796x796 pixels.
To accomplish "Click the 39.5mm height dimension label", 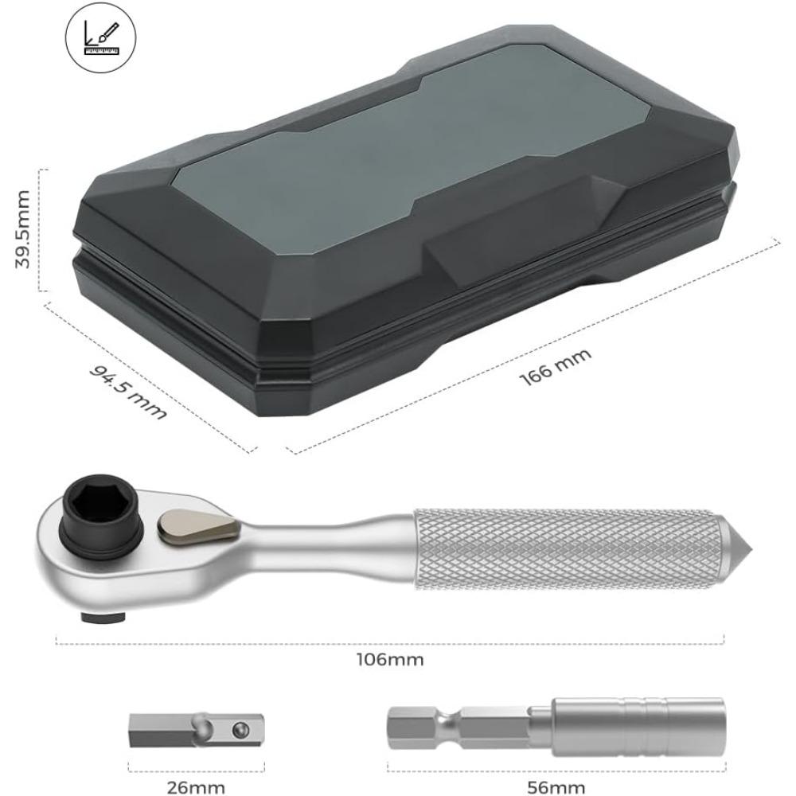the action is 23,229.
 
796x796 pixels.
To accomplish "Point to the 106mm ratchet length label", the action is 390,660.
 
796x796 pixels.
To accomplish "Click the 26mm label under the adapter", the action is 196,787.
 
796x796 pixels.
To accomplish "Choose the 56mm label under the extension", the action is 556,787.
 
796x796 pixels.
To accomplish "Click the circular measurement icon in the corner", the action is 100,38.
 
